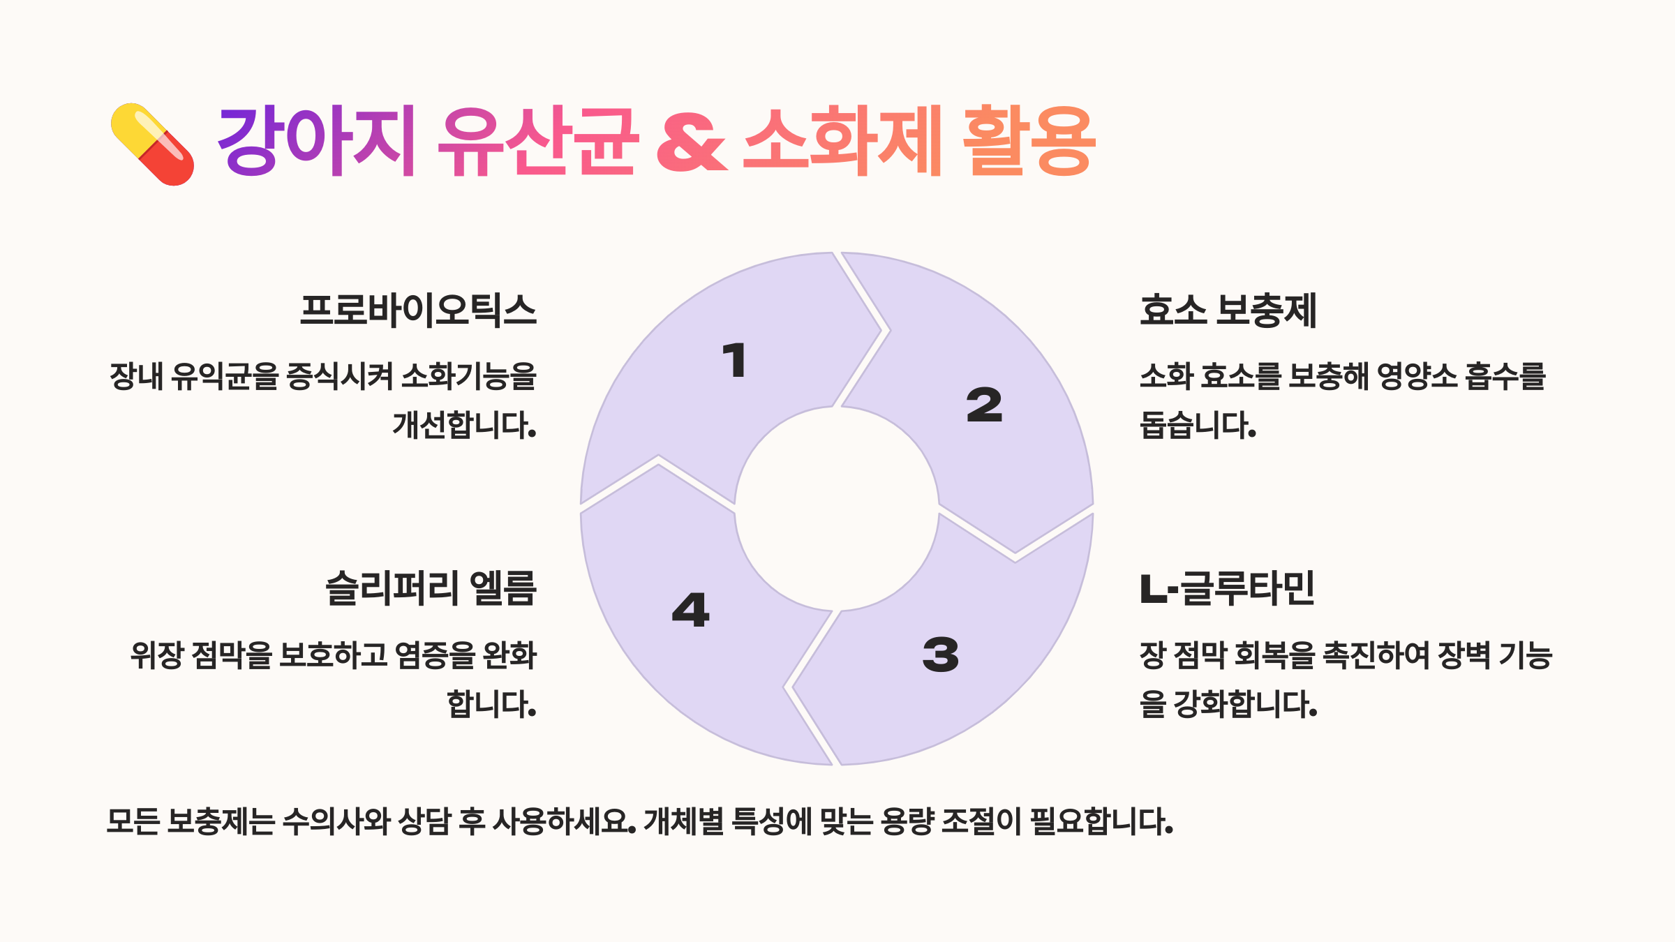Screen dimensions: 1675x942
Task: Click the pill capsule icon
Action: [152, 144]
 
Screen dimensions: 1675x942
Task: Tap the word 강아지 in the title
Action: [316, 141]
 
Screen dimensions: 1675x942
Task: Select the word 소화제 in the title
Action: [842, 141]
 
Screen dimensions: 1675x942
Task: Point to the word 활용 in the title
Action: [1029, 141]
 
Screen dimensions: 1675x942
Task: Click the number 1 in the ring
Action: [734, 361]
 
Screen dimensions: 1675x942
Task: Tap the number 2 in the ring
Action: [984, 405]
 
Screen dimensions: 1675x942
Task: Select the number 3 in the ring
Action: [940, 655]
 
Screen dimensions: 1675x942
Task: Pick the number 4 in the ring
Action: [690, 610]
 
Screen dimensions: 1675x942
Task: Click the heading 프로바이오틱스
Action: [418, 311]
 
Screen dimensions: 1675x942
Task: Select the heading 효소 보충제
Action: [1228, 311]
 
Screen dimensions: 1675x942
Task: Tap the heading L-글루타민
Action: [1227, 588]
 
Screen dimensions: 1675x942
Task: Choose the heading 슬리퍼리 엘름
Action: [431, 588]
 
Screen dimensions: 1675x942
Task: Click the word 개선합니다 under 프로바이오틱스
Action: [464, 424]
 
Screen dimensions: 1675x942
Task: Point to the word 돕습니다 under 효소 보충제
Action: [1198, 424]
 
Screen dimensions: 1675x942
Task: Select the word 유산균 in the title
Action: [537, 141]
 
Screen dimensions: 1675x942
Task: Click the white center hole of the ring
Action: [837, 509]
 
